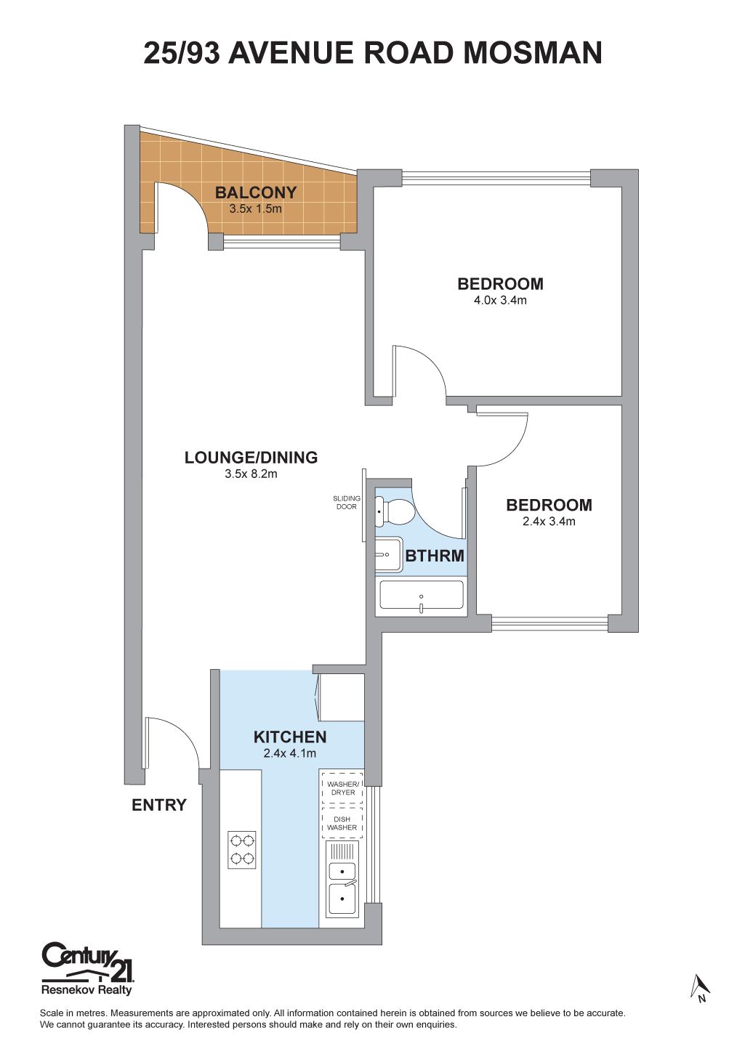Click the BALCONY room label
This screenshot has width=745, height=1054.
256,192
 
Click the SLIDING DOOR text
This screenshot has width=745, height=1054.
347,503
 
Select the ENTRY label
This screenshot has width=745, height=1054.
159,805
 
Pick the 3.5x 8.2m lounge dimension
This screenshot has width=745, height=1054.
251,474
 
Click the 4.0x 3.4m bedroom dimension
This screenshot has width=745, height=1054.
500,300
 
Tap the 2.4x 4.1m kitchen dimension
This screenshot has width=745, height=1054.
289,753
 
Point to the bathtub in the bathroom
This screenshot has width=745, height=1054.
421,595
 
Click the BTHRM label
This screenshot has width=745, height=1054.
435,556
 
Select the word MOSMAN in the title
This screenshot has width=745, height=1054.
533,52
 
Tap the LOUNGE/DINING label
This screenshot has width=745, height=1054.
251,458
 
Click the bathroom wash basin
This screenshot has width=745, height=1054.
389,554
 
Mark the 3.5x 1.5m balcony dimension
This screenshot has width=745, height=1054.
256,208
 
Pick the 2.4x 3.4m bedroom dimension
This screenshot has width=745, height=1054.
549,521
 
